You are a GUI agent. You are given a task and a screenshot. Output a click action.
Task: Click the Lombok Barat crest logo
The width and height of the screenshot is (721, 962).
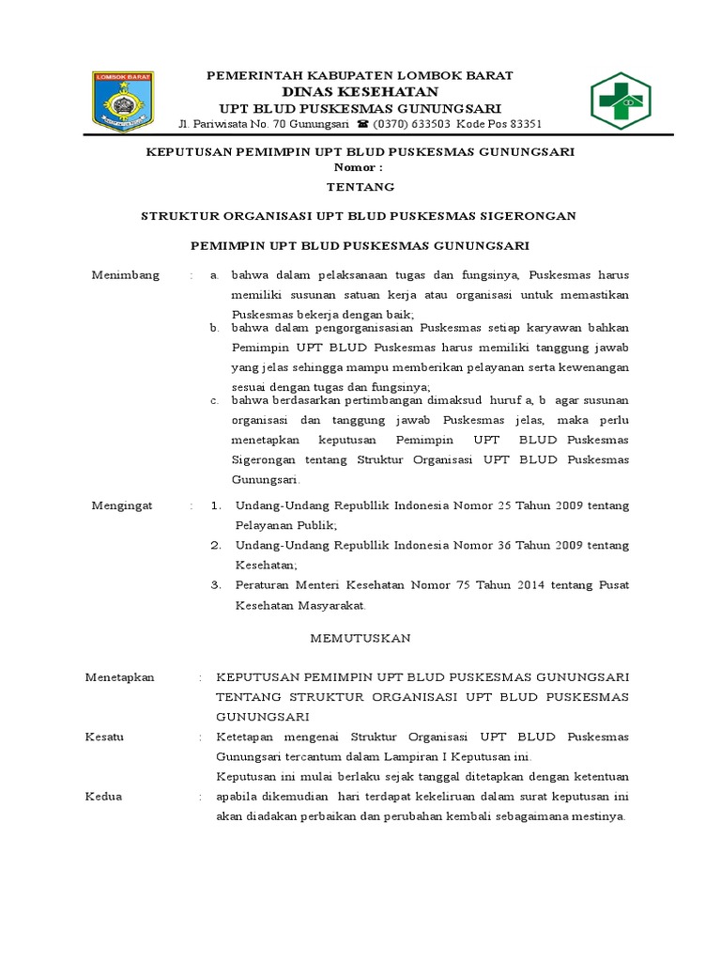click(123, 101)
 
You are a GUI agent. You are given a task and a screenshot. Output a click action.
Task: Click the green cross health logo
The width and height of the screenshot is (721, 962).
click(620, 101)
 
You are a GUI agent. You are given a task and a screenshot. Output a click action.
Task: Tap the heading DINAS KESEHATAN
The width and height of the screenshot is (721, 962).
click(360, 91)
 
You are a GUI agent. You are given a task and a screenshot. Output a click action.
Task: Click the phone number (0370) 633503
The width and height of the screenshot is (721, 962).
click(412, 124)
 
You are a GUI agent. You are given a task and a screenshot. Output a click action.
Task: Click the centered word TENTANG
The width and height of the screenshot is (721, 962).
click(360, 187)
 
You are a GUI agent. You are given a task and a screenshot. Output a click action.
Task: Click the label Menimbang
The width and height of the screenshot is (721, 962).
click(125, 275)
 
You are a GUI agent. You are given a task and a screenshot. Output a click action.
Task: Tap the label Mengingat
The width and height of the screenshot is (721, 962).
click(121, 505)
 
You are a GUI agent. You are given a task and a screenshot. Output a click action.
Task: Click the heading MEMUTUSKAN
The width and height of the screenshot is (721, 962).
click(360, 638)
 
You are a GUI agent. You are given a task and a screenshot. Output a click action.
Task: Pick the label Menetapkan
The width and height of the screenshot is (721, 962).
click(119, 677)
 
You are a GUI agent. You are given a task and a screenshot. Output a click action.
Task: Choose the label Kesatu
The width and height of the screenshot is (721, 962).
click(104, 737)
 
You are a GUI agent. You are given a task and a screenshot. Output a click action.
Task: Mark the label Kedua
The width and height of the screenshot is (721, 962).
click(103, 796)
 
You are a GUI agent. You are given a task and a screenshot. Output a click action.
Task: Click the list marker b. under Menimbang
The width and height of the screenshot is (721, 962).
click(214, 328)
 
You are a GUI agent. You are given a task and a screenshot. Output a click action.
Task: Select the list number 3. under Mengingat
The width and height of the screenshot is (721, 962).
click(216, 584)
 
